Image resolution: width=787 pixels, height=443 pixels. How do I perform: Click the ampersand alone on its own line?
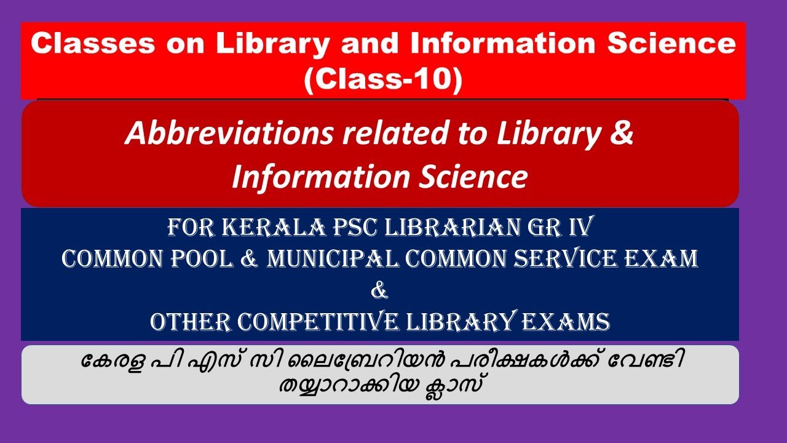380,291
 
